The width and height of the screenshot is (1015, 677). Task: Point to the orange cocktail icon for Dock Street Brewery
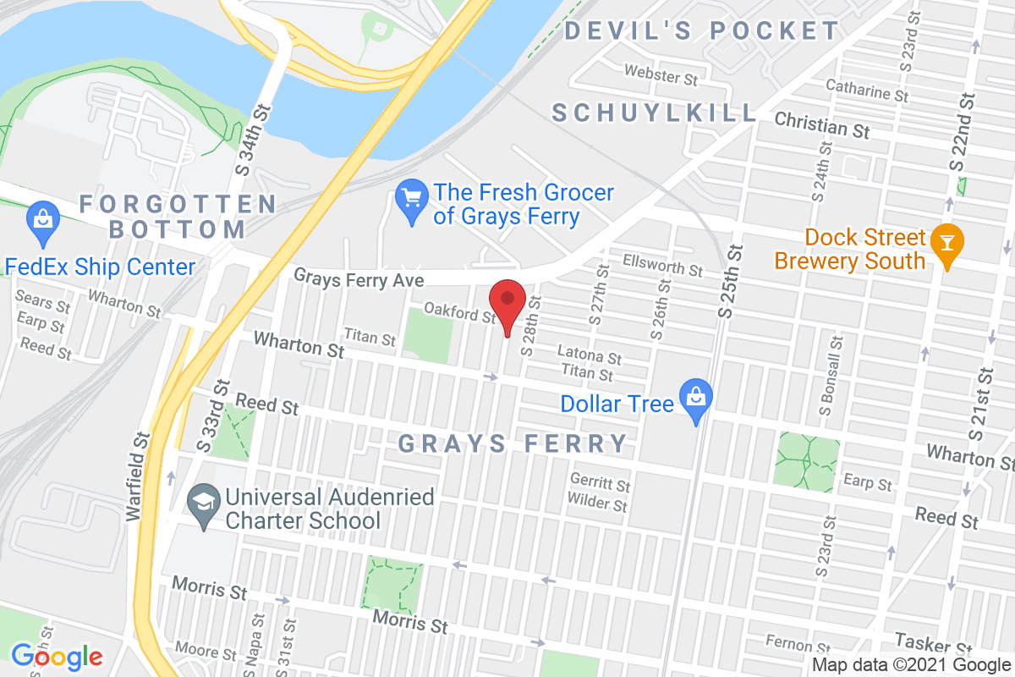pos(945,244)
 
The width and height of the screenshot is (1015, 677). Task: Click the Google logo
pos(57,656)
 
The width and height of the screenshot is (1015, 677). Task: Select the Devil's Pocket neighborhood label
pos(702,31)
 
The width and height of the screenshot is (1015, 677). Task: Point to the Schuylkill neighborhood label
pos(655,113)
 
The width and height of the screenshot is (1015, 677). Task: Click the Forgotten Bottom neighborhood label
pos(178,216)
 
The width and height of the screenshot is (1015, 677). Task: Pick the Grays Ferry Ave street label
pos(359,278)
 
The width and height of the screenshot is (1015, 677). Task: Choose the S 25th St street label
pos(733,281)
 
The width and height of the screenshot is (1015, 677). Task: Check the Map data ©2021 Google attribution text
pos(912,665)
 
